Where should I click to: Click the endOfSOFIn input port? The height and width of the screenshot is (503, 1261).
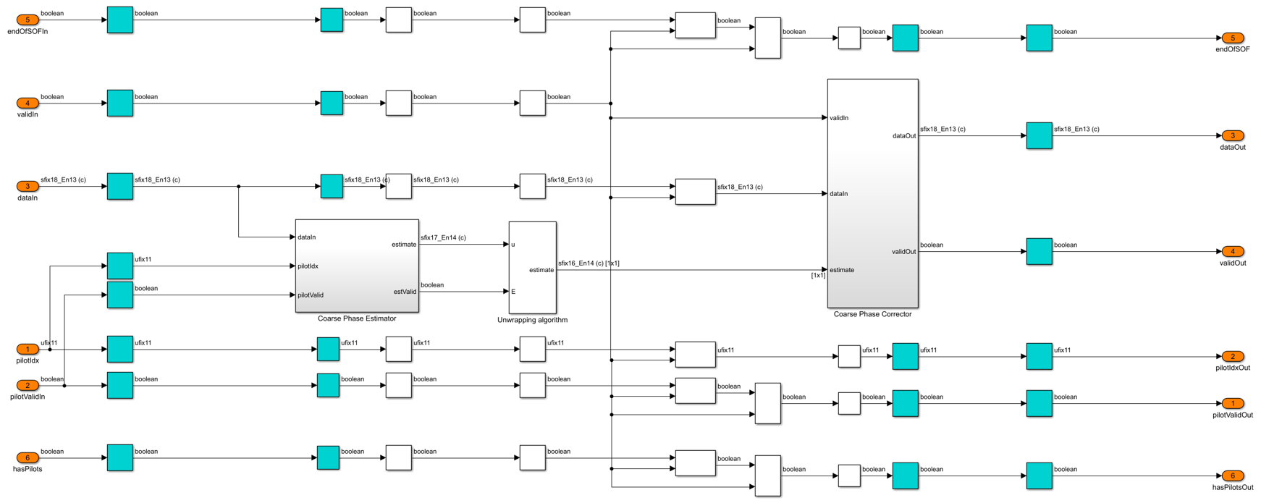point(28,20)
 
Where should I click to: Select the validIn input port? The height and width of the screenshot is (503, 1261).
point(28,103)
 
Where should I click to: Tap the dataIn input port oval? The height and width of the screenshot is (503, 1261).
point(28,186)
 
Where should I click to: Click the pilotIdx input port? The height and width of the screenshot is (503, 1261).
point(28,349)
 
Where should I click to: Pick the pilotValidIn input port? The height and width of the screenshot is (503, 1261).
point(28,385)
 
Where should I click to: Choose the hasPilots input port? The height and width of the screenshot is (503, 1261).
point(28,457)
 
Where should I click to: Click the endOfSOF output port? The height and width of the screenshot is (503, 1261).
point(1233,38)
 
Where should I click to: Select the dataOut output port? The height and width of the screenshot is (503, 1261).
point(1233,135)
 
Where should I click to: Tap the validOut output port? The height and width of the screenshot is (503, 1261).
point(1233,251)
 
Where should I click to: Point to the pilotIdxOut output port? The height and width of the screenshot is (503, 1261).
point(1233,356)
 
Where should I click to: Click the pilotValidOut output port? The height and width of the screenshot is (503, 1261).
point(1233,403)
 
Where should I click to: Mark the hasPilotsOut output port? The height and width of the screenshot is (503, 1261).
point(1233,475)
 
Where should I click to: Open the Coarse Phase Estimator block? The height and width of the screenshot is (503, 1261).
point(357,266)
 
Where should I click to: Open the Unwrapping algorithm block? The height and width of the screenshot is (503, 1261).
point(533,268)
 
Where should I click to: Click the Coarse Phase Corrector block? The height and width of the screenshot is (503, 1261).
point(873,193)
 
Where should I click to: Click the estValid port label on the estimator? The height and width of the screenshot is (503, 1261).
point(405,292)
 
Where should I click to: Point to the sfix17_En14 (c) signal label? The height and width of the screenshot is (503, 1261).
point(443,237)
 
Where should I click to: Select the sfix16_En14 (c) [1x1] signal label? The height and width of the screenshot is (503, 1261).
point(589,263)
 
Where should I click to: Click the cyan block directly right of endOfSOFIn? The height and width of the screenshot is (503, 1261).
point(120,20)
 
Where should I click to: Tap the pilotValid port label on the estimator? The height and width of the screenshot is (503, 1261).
point(311,295)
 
